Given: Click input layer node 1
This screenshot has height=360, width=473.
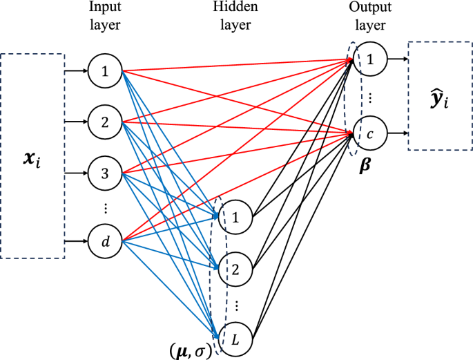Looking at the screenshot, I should [105, 70].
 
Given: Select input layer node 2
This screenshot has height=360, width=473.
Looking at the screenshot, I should [105, 123].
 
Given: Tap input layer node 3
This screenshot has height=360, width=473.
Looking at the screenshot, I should [105, 174].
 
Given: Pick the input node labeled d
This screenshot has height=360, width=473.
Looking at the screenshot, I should [105, 241].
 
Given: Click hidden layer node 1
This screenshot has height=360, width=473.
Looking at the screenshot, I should [235, 218].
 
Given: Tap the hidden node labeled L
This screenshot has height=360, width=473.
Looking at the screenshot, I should [235, 339].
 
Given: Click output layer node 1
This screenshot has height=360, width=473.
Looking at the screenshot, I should [370, 60].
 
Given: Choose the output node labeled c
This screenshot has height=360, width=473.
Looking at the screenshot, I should [370, 133].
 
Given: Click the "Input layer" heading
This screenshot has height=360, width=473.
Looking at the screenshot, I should [104, 17].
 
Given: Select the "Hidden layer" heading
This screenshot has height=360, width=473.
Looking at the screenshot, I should [235, 17].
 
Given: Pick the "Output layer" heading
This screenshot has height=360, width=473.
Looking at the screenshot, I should [369, 17].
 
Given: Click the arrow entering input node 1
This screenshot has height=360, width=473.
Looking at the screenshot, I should [76, 70].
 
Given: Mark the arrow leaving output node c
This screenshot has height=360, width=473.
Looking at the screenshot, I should [396, 133].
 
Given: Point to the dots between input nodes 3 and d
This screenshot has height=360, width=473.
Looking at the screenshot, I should [105, 208].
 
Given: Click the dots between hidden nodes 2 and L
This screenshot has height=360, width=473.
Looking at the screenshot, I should [235, 305].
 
